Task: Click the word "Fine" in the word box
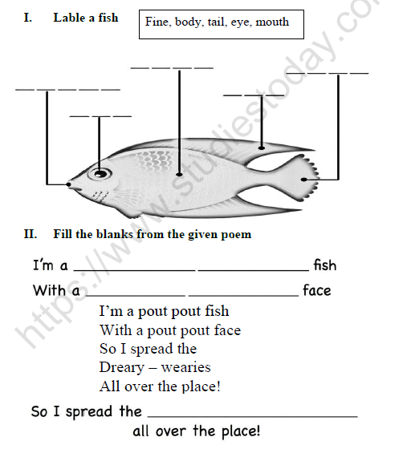coord(157,22)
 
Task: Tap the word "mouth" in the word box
coord(272,22)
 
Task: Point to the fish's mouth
coord(69,185)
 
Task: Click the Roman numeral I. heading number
coord(29,18)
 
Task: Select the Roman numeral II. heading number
coord(31,234)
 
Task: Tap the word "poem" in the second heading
coord(234,234)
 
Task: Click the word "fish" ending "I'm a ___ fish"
coord(324,265)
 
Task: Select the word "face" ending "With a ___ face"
coord(316,290)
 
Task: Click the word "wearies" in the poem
coord(185,368)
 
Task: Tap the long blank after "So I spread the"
coord(253,415)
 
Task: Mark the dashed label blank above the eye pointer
coord(100,117)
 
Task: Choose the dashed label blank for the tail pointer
coord(338,74)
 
